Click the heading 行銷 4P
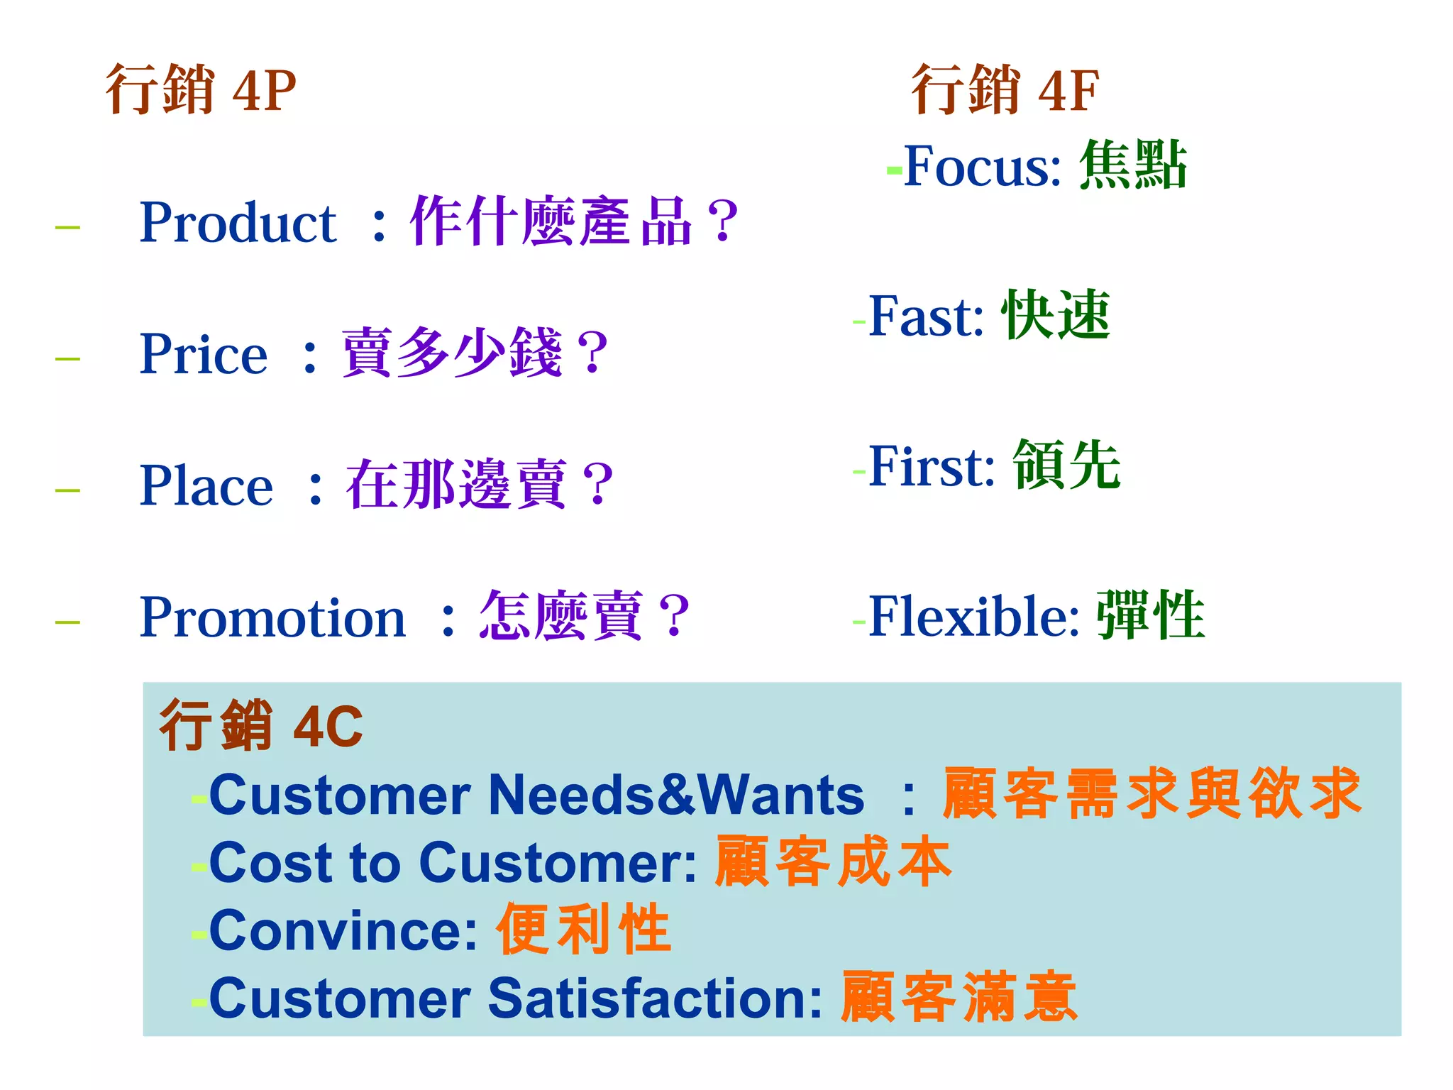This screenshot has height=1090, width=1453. (201, 89)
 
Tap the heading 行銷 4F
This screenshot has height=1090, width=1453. (1005, 89)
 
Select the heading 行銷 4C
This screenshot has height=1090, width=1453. (261, 725)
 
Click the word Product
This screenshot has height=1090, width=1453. (238, 223)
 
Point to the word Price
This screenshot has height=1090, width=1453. (204, 354)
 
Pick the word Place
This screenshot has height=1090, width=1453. (206, 486)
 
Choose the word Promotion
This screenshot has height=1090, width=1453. (272, 617)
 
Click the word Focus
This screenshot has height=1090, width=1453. (982, 167)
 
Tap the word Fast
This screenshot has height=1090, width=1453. (925, 316)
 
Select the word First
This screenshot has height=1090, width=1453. (931, 466)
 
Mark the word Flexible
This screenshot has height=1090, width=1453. (973, 616)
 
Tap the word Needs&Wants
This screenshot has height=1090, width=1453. (676, 795)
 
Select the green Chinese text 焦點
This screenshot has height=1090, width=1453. (1133, 165)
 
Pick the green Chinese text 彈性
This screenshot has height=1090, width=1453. (1151, 615)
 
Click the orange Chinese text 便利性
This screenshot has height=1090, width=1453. (583, 929)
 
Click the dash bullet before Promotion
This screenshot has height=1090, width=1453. (67, 622)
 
